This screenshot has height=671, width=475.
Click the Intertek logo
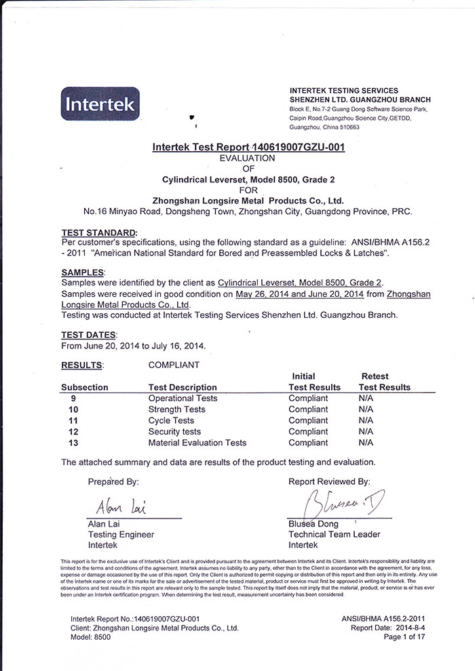pos(100,104)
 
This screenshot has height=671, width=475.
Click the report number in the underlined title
pos(299,147)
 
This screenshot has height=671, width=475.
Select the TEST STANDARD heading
pos(98,232)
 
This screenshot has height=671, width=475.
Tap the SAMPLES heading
pos(83,272)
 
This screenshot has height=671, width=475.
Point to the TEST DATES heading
pos(89,335)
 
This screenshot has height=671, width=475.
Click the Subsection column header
pos(85,387)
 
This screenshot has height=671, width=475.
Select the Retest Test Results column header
pos(384,382)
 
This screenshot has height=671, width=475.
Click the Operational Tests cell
pos(183,399)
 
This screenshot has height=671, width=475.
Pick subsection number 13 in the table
pos(74,443)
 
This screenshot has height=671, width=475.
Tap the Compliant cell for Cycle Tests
pos(307,420)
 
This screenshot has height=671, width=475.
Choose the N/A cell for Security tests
pos(366,432)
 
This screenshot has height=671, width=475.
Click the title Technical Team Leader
pos(334,534)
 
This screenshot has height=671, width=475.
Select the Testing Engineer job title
pos(121,534)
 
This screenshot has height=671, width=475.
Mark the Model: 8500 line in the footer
pos(90,637)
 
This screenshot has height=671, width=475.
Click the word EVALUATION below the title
pos(246,158)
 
